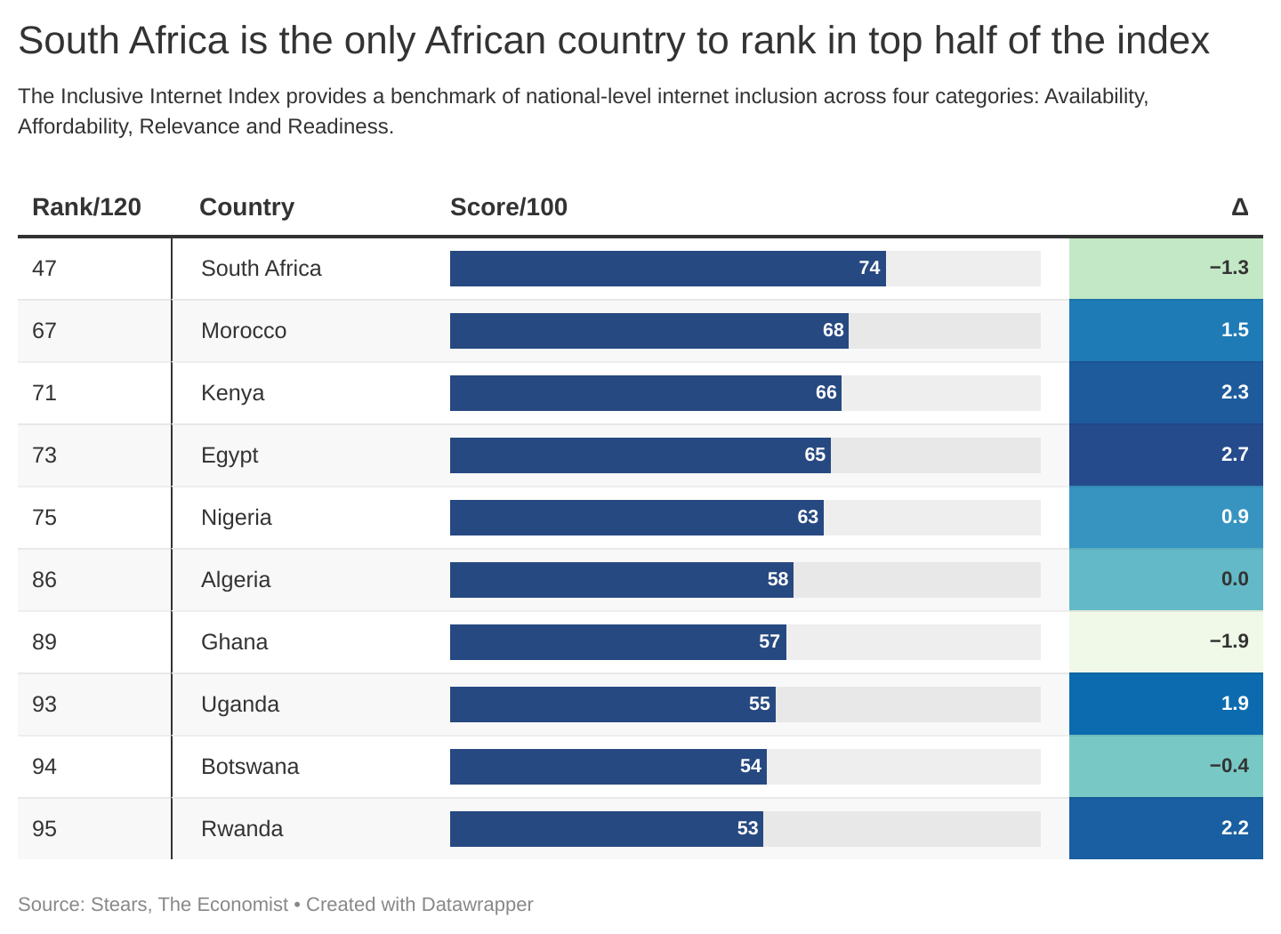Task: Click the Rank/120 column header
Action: click(86, 207)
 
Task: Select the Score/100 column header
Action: click(508, 207)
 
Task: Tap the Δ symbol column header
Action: click(1239, 207)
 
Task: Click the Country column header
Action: click(246, 207)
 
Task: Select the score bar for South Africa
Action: click(667, 269)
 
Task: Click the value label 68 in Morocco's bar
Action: click(833, 331)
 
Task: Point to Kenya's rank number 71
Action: click(44, 393)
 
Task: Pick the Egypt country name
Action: click(230, 455)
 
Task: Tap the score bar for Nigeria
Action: click(636, 518)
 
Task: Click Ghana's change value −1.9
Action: click(1229, 641)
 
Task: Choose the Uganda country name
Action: click(240, 705)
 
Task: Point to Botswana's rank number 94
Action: click(44, 767)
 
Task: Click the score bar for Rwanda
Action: click(606, 829)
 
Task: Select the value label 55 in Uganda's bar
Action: click(759, 705)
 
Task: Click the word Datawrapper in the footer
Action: click(477, 905)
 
